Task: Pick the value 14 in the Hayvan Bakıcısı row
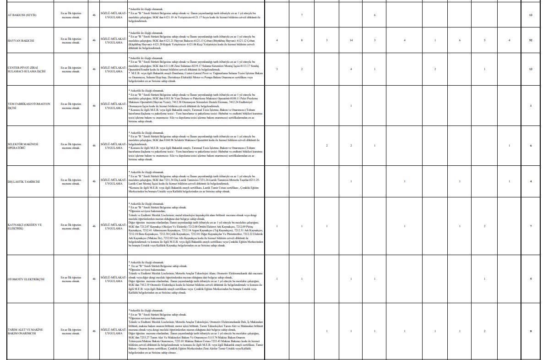coord(351,40)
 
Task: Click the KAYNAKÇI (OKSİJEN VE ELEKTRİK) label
coord(25,226)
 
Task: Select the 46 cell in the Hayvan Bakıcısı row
coord(94,40)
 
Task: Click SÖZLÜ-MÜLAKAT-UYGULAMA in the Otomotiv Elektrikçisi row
coord(113,278)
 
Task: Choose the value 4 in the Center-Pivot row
coord(351,69)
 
